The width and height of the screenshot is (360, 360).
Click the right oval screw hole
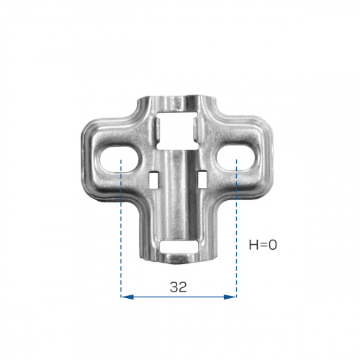point(235,158)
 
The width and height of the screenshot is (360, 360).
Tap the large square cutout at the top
point(177,130)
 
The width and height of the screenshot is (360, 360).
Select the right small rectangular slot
point(202,179)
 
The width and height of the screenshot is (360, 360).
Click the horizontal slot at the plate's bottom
point(179,247)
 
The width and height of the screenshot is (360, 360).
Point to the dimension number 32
point(178,287)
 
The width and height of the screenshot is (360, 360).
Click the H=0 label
point(263,245)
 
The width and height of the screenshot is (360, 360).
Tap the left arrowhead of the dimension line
point(127,297)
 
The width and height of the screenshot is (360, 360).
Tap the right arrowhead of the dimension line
point(230,297)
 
